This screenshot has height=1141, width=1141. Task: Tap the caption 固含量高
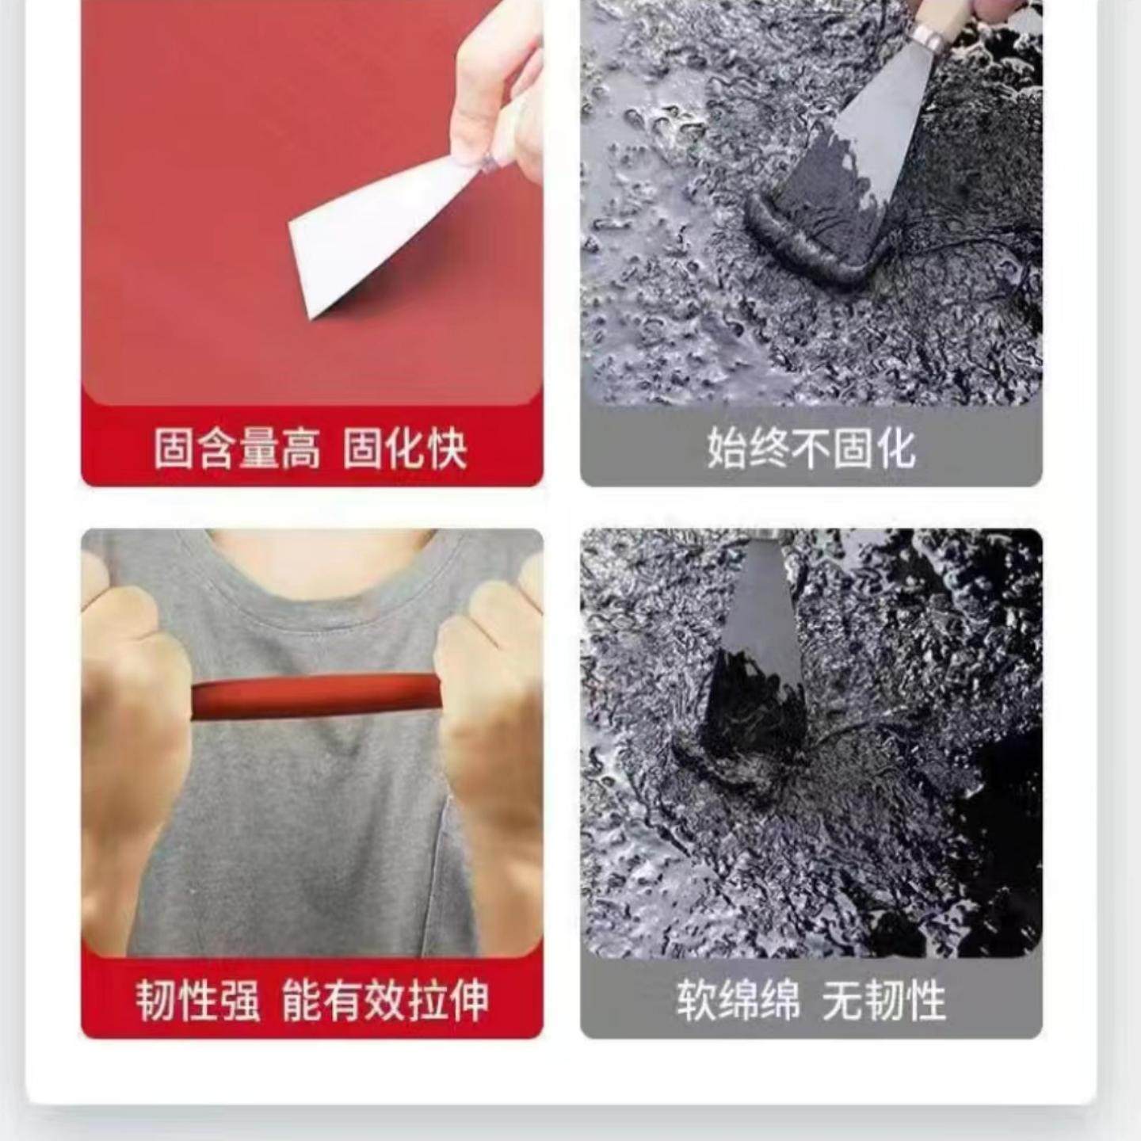[x=237, y=448]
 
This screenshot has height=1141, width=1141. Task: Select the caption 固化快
[x=405, y=448]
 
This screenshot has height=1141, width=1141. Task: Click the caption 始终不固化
[x=811, y=448]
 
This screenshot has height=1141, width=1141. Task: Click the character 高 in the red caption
[x=300, y=448]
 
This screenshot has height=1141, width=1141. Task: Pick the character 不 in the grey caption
[x=811, y=448]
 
